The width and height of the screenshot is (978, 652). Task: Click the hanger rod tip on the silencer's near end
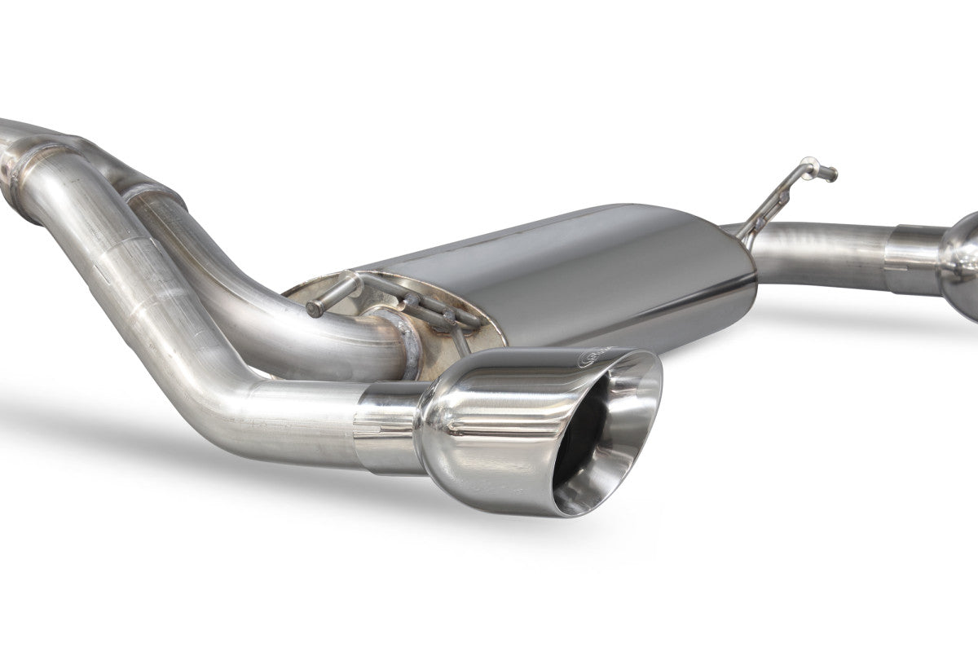pyautogui.click(x=313, y=309)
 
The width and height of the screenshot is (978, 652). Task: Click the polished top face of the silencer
pyautogui.click(x=554, y=244)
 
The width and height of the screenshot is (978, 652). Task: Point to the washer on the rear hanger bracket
pyautogui.click(x=782, y=196)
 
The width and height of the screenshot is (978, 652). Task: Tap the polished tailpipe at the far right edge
pyautogui.click(x=962, y=253)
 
